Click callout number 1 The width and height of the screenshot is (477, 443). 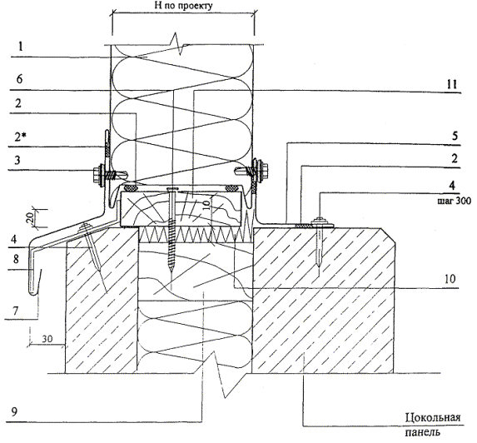click(20, 47)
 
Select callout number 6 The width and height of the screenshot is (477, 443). click(19, 79)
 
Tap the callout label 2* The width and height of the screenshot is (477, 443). click(20, 137)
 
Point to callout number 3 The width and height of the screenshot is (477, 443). click(17, 160)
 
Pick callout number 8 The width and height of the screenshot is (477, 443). click(16, 259)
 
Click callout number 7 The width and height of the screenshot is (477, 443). click(15, 311)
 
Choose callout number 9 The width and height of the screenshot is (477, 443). click(14, 412)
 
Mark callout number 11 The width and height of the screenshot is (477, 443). click(451, 84)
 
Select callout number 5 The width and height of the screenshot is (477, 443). click(455, 136)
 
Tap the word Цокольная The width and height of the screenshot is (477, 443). click(433, 418)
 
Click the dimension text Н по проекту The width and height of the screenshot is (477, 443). click(183, 6)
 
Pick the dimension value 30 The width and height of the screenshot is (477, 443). click(47, 339)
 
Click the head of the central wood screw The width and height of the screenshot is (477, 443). click(172, 190)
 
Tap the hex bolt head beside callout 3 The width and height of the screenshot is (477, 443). click(99, 175)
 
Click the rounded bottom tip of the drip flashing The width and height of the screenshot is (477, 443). click(32, 293)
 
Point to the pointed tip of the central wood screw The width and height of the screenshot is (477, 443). click(171, 269)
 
